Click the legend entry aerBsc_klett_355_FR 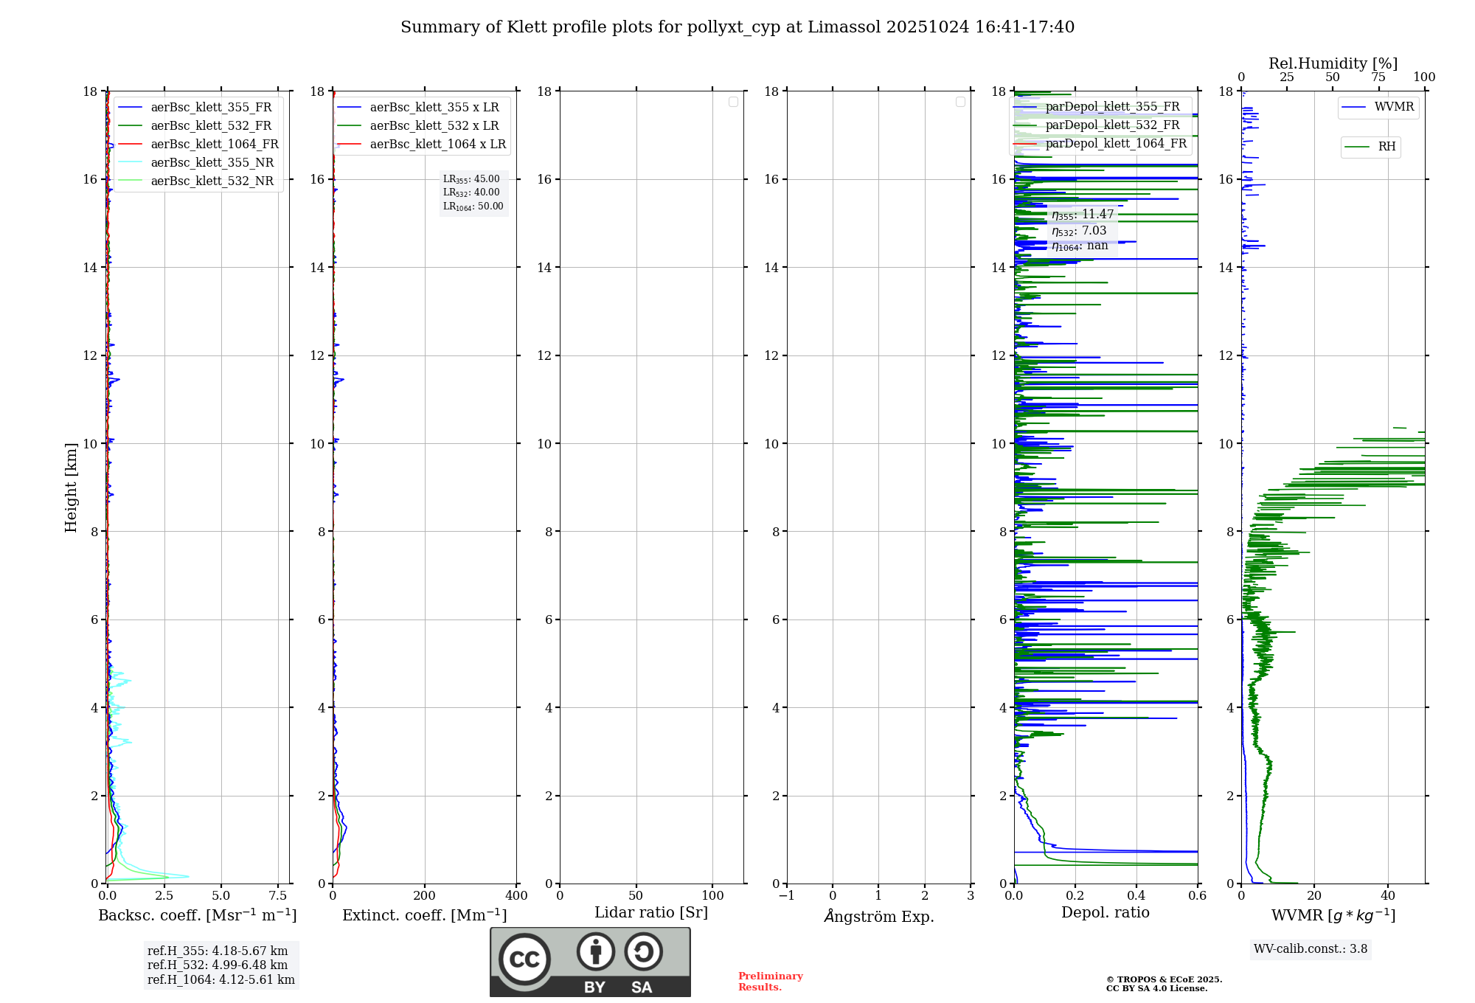[x=211, y=108]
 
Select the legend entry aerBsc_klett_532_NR [x=212, y=181]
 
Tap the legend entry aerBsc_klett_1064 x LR [x=437, y=145]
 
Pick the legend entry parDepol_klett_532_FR [x=1112, y=125]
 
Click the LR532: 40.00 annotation [x=471, y=192]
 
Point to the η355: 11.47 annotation [x=1083, y=215]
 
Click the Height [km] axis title [x=71, y=487]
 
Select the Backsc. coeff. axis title [x=198, y=915]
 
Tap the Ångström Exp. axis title [x=878, y=916]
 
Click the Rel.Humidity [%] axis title [x=1333, y=63]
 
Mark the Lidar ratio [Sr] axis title [x=651, y=913]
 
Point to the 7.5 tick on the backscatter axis [x=278, y=896]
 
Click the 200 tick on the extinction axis [x=425, y=896]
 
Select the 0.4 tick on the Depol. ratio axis [x=1136, y=896]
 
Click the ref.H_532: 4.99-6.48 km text [x=218, y=965]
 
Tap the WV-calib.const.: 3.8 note [x=1311, y=949]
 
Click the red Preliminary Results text [x=770, y=982]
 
